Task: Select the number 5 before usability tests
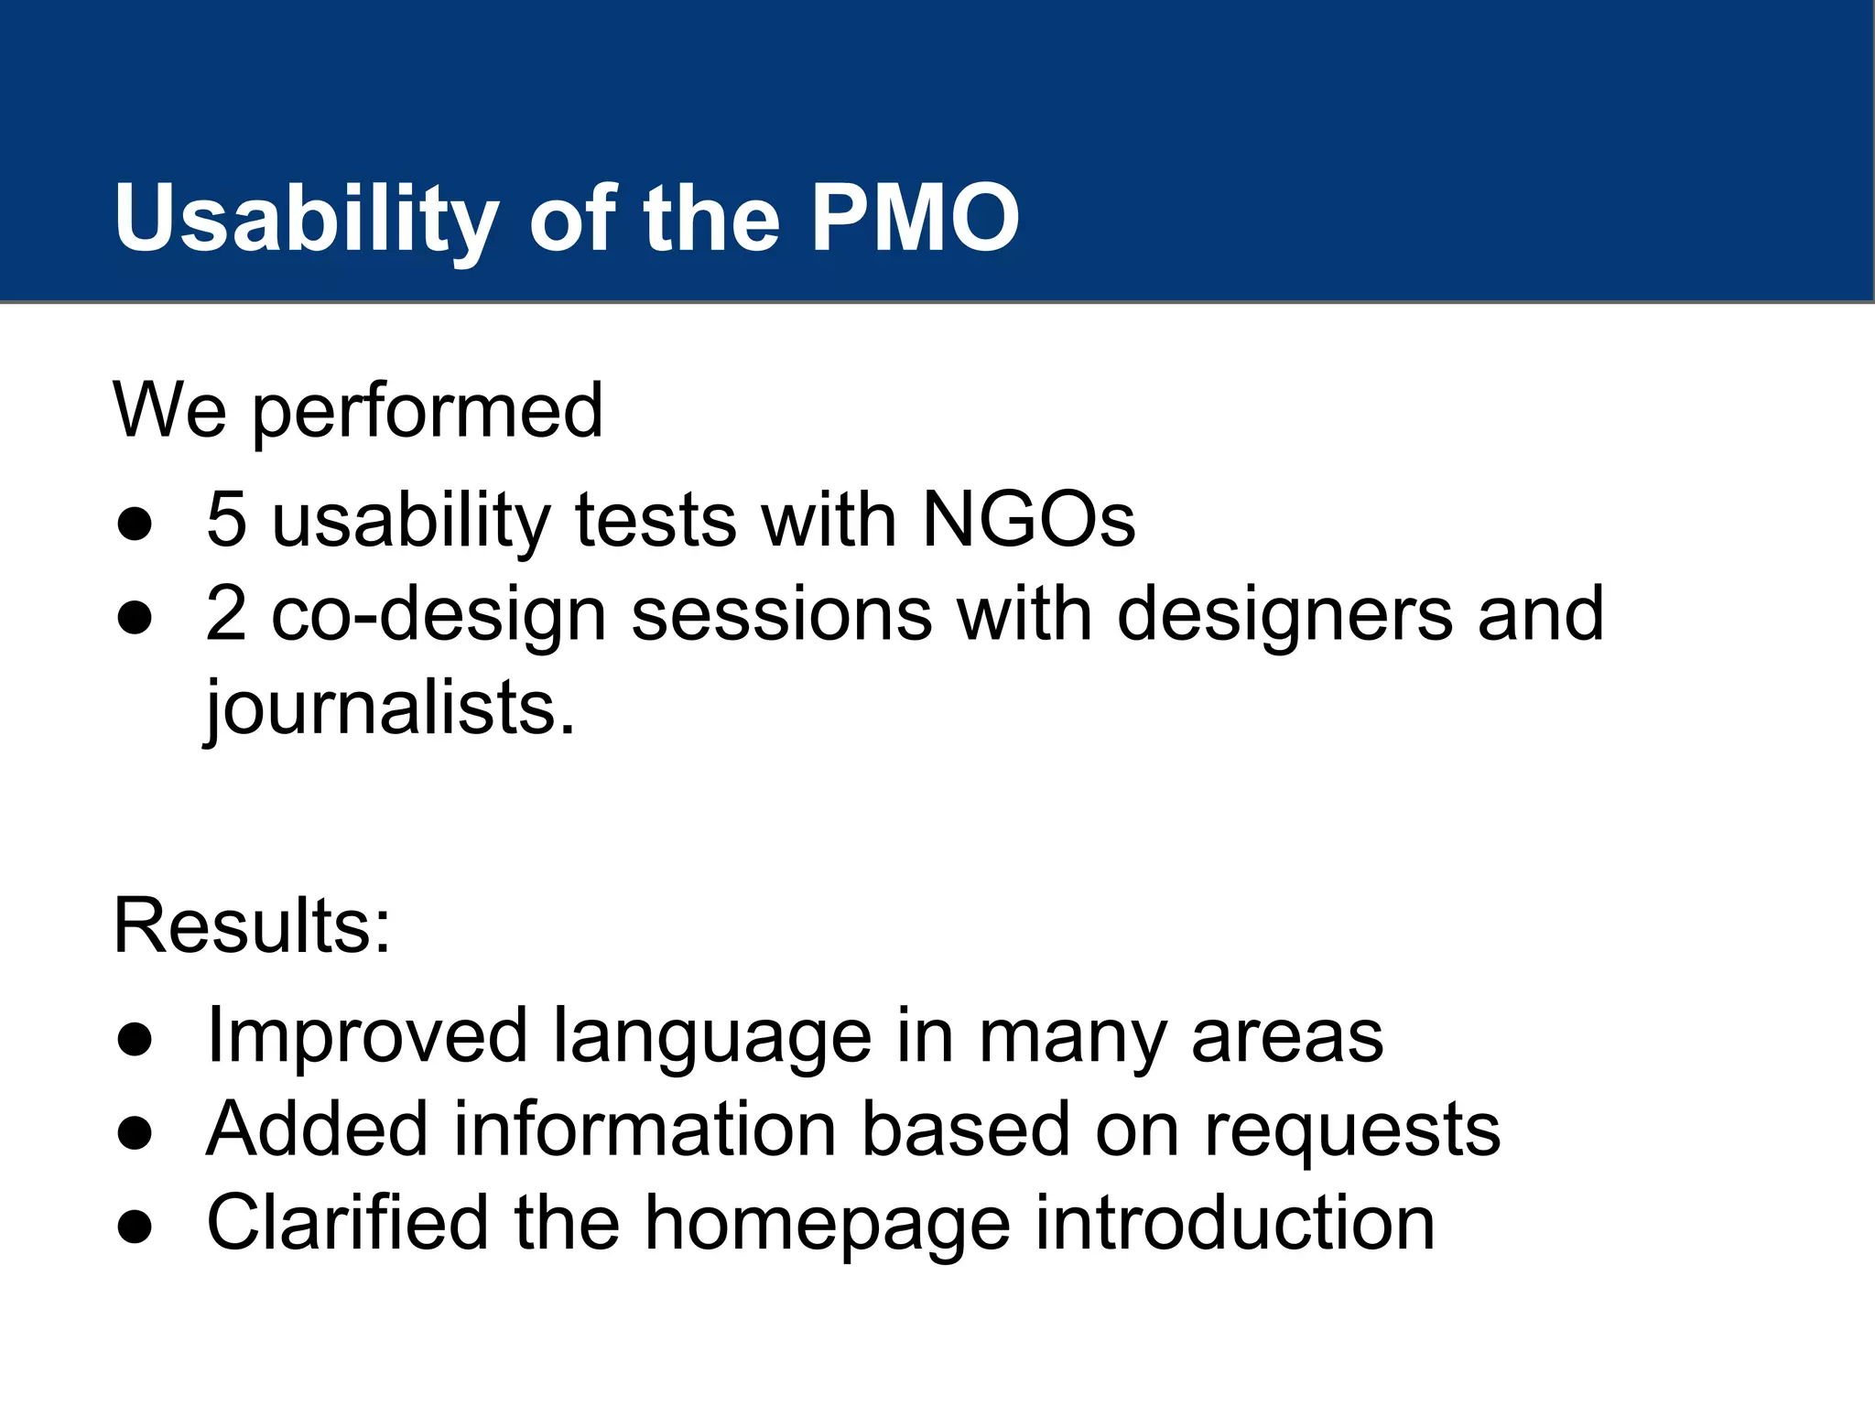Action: [x=226, y=520]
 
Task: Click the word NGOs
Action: [x=1028, y=520]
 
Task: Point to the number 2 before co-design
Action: [x=226, y=614]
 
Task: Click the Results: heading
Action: [x=252, y=925]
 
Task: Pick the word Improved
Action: [x=367, y=1037]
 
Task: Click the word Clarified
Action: [x=347, y=1223]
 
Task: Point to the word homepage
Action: [x=828, y=1225]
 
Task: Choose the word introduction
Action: [x=1235, y=1223]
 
